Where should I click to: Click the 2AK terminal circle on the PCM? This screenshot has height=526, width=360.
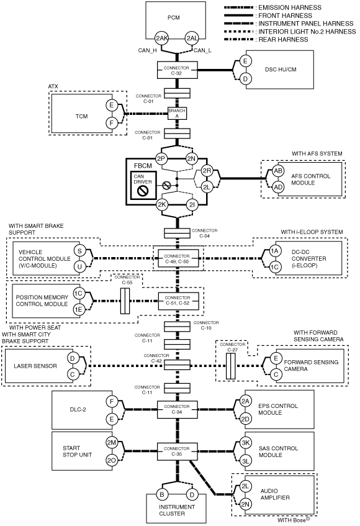[161, 39]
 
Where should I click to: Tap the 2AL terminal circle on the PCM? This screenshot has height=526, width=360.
[192, 39]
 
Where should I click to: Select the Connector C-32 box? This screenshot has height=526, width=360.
[178, 70]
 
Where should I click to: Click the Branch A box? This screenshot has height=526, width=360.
[177, 113]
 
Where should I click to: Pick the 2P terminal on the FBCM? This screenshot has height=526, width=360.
[161, 158]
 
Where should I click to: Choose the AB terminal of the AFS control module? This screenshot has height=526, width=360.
[278, 171]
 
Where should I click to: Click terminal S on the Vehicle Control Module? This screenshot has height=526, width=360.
[80, 251]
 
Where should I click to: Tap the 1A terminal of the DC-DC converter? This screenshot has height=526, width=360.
[275, 251]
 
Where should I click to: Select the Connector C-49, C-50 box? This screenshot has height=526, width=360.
[178, 258]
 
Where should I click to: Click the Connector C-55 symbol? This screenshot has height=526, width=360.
[125, 301]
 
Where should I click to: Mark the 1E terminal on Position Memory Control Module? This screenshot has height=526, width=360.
[78, 309]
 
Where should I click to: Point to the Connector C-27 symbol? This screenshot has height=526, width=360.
[231, 366]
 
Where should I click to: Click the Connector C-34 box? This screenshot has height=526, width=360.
[178, 409]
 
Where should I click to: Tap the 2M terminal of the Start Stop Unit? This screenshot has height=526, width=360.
[112, 443]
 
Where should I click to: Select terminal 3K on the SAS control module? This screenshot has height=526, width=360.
[246, 443]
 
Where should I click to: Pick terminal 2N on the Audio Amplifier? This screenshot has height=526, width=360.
[245, 504]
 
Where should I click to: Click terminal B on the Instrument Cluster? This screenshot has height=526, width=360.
[162, 494]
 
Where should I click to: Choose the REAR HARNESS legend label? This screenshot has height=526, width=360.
[283, 40]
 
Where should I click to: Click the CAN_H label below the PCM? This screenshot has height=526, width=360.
[148, 51]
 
